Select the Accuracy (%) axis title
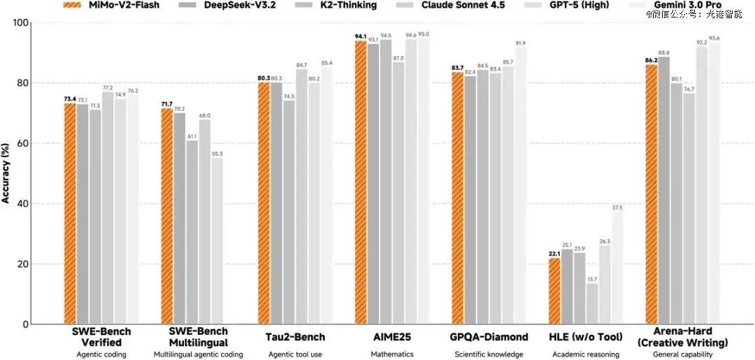(6, 173)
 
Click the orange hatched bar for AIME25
(361, 182)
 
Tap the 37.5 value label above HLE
(617, 207)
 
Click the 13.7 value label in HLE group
(592, 279)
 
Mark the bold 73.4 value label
(69, 99)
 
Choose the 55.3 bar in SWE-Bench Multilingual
(217, 240)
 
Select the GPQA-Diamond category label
(489, 337)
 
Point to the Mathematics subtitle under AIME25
(392, 354)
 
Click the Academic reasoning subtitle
(586, 354)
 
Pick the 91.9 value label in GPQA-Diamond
(521, 44)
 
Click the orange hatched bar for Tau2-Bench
(264, 203)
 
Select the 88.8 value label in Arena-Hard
(663, 53)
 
